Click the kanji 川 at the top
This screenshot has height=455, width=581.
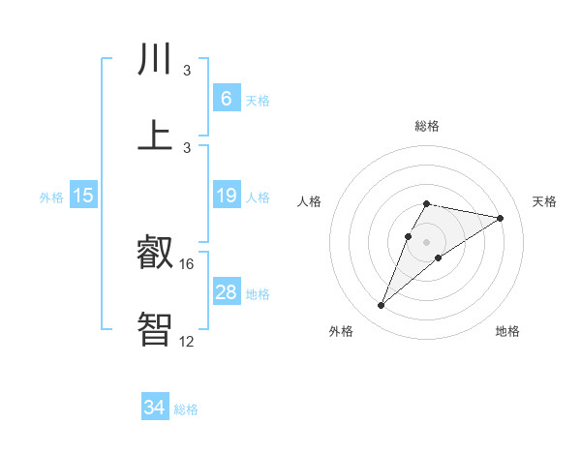156,61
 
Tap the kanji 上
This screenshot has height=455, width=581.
156,136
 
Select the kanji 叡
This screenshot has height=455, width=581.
155,254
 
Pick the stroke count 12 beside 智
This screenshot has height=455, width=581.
187,340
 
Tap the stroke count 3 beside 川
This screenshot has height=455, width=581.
187,71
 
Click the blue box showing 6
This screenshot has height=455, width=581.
226,99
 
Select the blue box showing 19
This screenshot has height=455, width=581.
226,196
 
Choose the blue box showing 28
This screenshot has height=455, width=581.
226,292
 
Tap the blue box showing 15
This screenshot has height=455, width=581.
83,196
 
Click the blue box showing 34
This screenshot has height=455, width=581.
154,408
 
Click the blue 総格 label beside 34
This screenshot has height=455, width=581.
186,409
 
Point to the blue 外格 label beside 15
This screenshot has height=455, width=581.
51,197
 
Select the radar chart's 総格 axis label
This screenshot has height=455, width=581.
426,126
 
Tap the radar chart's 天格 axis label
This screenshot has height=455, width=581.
544,201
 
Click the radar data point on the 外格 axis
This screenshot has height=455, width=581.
381,306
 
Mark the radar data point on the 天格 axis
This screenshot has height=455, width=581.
500,218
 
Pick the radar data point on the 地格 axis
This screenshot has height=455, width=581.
439,258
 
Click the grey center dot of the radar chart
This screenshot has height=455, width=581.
426,241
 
